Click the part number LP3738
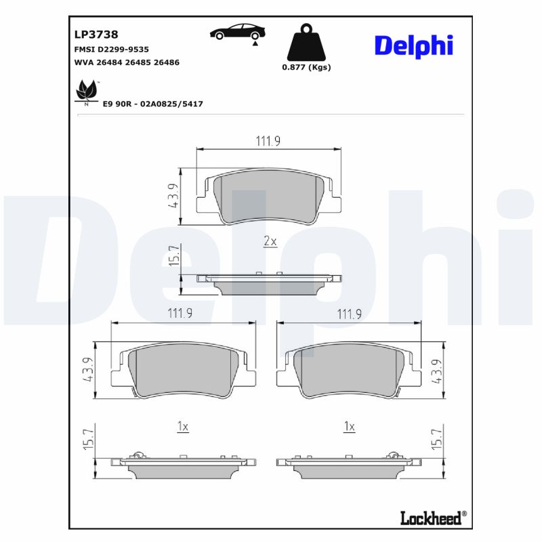click(96, 34)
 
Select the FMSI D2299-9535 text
click(110, 49)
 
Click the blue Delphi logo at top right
click(413, 45)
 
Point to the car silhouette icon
click(236, 33)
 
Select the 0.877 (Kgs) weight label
click(306, 67)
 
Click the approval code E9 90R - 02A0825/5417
click(152, 104)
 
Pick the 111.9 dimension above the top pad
click(268, 141)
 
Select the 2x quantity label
click(270, 241)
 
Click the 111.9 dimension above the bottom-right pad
click(350, 314)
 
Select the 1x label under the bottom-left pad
click(182, 427)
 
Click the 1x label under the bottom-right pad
click(349, 427)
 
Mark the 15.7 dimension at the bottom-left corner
click(88, 440)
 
